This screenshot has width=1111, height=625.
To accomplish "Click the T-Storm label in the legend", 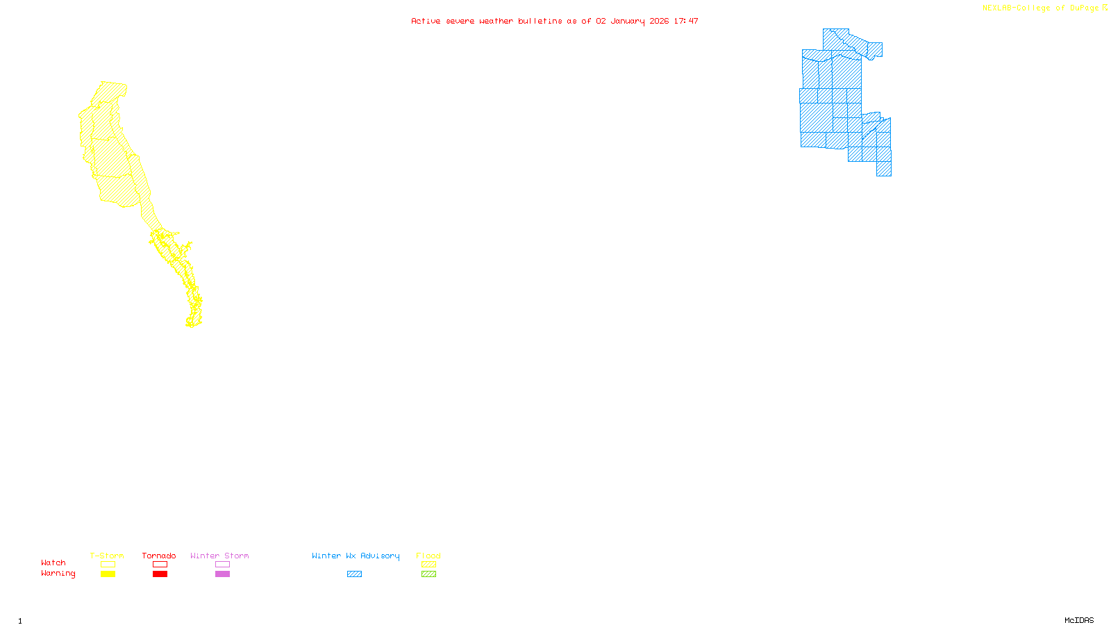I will [107, 556].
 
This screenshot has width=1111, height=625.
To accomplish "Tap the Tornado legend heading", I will [159, 556].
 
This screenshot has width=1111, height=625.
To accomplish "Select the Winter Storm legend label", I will [219, 556].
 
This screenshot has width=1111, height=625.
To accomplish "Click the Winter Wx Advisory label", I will [356, 556].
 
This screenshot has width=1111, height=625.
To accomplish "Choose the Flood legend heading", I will [428, 556].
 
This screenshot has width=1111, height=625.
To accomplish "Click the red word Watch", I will [53, 562].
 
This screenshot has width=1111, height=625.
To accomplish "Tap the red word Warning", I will [58, 574].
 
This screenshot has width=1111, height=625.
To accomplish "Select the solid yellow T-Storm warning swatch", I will [108, 574].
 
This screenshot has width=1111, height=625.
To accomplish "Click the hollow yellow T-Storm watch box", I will [108, 565].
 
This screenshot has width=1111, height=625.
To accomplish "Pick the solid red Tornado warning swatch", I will [160, 574].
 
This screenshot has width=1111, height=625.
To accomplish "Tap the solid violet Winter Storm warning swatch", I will [222, 574].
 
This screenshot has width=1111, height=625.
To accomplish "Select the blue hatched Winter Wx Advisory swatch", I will [354, 574].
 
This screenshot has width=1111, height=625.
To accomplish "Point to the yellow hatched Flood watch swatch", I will [428, 565].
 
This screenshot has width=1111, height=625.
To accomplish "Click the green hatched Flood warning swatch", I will [428, 574].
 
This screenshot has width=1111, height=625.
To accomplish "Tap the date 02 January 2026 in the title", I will [632, 21].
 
